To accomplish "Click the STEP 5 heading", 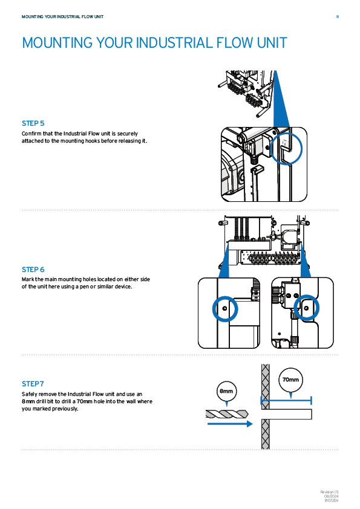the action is [x=33, y=123].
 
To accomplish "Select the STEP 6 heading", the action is [x=33, y=270].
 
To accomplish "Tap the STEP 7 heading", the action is [x=33, y=384].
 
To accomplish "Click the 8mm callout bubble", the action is [x=226, y=392].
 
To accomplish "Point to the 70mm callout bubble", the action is [x=290, y=380].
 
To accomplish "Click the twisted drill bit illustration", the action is [x=227, y=414].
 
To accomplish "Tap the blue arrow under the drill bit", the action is [x=230, y=424].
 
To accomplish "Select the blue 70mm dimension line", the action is [x=286, y=401].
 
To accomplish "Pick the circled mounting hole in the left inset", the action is [x=224, y=308].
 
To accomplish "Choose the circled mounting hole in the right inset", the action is [x=306, y=308].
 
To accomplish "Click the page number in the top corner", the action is [x=338, y=17].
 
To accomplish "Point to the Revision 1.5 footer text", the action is [x=329, y=492].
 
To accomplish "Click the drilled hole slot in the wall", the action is [x=286, y=414].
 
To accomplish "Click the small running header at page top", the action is [x=62, y=17].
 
